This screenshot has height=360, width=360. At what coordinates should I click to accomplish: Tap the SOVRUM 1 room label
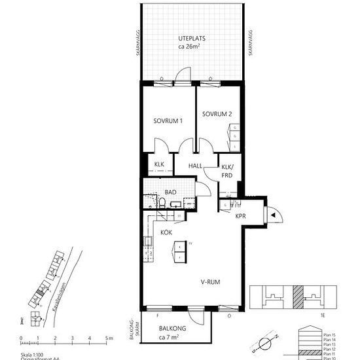click(x=168, y=121)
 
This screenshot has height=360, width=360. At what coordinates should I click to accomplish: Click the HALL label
click(x=196, y=166)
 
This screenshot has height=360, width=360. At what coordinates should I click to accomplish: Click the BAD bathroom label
click(x=170, y=192)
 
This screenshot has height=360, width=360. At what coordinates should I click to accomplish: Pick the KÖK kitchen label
click(x=166, y=232)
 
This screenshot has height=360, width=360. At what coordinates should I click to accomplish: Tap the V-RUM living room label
click(x=210, y=283)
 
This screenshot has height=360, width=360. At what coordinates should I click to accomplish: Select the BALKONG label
click(x=173, y=329)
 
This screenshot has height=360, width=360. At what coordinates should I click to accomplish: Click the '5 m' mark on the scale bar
click(x=108, y=338)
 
